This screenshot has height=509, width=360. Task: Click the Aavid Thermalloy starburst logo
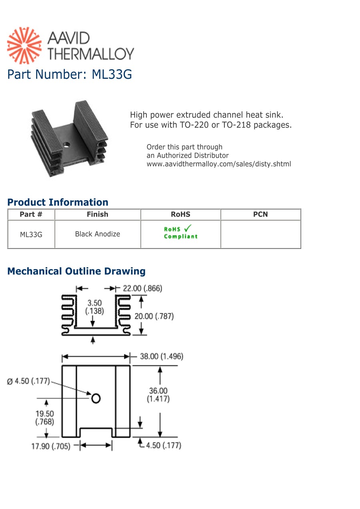click(x=24, y=46)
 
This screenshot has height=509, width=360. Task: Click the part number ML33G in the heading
click(x=112, y=74)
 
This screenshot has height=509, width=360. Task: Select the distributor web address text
click(x=219, y=164)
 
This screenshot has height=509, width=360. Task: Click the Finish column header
click(x=97, y=214)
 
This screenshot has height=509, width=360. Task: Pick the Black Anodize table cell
click(x=97, y=234)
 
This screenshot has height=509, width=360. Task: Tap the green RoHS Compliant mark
click(x=180, y=232)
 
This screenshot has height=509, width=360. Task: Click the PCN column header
click(x=260, y=214)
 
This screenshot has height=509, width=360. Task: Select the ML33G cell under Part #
click(x=31, y=234)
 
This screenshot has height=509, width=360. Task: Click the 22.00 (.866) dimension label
click(x=142, y=288)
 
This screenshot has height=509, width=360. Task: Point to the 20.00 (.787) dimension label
click(x=154, y=316)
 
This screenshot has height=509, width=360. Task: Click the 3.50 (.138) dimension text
click(x=94, y=307)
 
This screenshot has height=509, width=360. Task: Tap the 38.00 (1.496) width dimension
click(x=161, y=356)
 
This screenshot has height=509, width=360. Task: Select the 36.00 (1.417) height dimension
click(x=158, y=395)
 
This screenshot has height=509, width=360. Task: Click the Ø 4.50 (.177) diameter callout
click(x=28, y=381)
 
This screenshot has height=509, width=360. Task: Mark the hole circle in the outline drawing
click(x=96, y=398)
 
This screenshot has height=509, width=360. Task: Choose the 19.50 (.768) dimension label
click(x=44, y=417)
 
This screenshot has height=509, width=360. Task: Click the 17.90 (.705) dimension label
click(x=51, y=446)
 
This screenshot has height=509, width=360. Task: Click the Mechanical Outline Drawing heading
click(x=76, y=271)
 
